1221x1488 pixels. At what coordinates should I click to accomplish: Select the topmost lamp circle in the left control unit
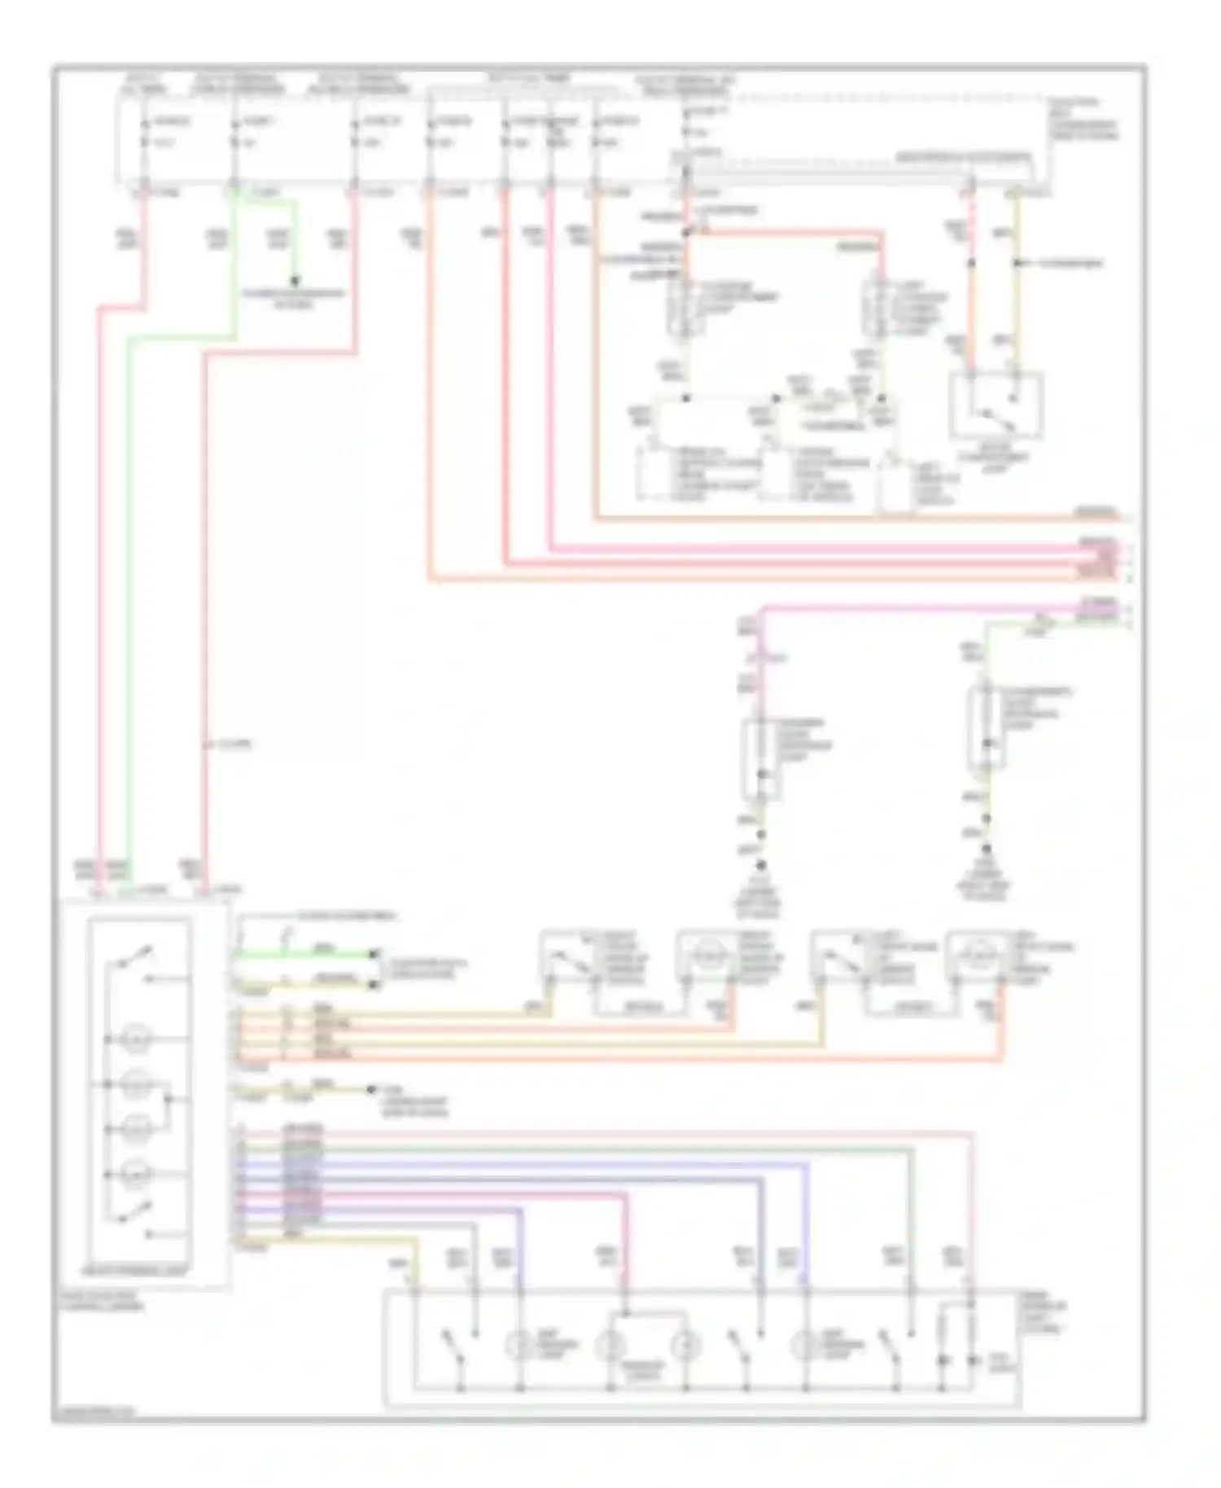click(x=135, y=1039)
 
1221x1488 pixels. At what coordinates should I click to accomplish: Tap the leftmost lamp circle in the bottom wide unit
click(x=518, y=1346)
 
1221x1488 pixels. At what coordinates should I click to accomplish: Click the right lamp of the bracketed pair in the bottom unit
click(x=685, y=1346)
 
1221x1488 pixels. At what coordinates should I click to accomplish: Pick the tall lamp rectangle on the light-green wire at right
click(x=986, y=727)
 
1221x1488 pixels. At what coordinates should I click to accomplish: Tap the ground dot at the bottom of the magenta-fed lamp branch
click(x=762, y=866)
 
